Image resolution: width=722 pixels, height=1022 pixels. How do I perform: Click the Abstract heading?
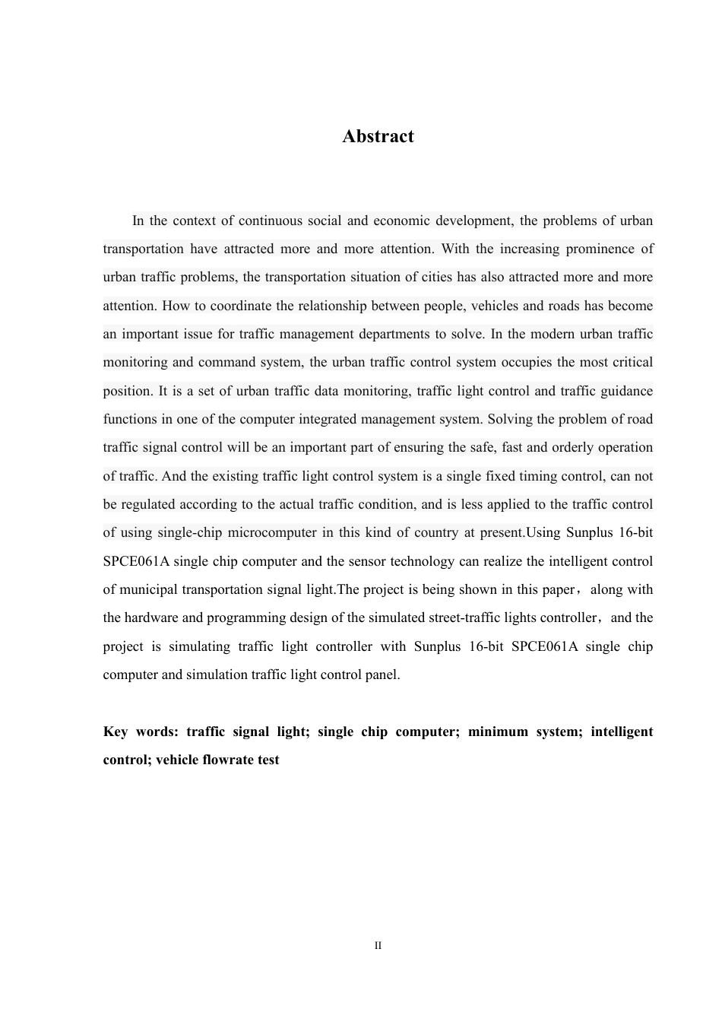378,136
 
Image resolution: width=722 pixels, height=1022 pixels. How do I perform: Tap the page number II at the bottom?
378,946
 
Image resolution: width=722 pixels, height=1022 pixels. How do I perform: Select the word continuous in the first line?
271,221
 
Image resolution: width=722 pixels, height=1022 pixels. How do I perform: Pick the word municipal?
148,589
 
